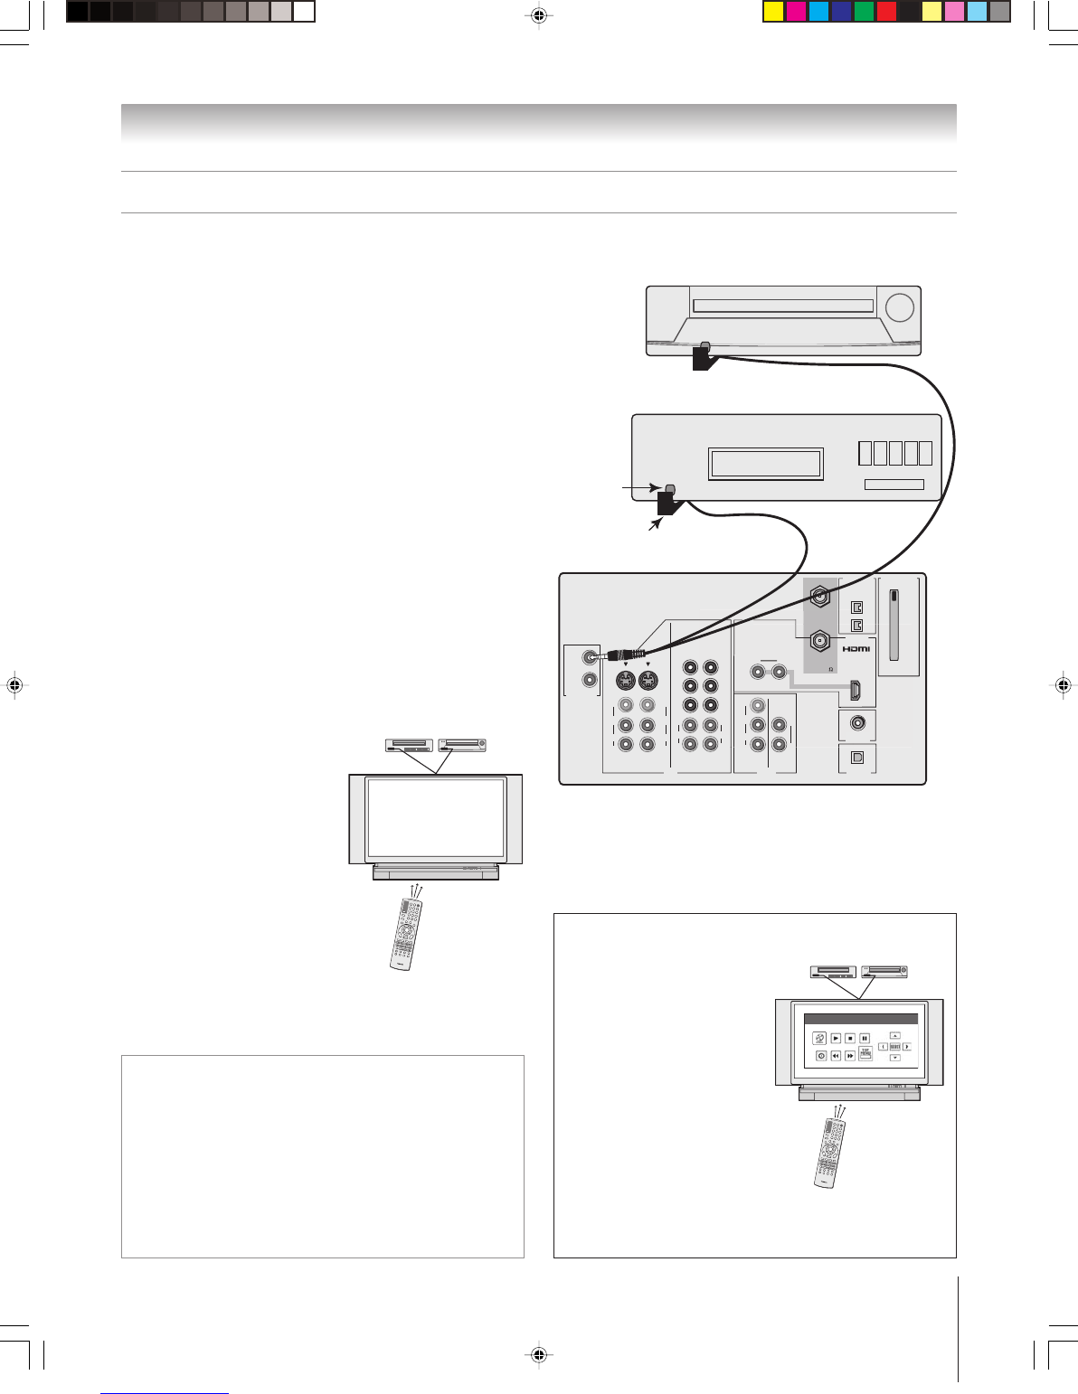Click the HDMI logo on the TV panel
pos(856,648)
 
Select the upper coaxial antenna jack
pos(820,597)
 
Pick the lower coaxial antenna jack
pos(820,641)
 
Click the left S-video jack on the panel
pos(625,683)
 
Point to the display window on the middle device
pos(765,464)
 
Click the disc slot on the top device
pos(782,306)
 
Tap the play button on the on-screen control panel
pos(836,1039)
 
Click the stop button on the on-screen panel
pos(850,1039)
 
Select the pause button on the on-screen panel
pos(865,1039)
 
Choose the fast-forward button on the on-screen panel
pos(850,1055)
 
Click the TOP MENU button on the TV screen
pos(865,1054)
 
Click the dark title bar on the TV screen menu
pos(860,1019)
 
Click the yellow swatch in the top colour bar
pos(773,12)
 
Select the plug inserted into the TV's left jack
pos(624,655)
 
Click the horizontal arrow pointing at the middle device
pos(643,488)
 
